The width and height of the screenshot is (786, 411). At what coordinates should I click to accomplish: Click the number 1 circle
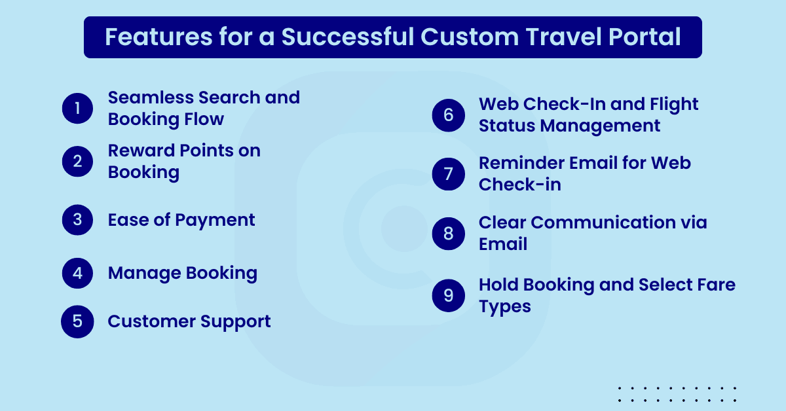[x=78, y=108]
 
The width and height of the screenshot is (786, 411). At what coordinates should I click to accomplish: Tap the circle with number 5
[x=77, y=322]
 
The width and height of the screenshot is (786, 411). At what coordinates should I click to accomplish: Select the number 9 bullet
[x=449, y=295]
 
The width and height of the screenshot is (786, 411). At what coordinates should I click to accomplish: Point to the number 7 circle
[x=449, y=174]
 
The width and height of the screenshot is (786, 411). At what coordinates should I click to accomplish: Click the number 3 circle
[x=78, y=220]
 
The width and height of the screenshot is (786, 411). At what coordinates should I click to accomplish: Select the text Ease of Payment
[x=181, y=220]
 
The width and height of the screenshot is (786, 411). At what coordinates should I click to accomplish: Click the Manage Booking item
[x=182, y=273]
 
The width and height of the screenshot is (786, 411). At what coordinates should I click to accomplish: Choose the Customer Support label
[x=189, y=322]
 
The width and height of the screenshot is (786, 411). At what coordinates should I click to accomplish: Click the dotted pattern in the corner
[x=677, y=394]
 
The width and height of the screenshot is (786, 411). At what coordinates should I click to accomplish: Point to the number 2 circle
[x=78, y=162]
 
